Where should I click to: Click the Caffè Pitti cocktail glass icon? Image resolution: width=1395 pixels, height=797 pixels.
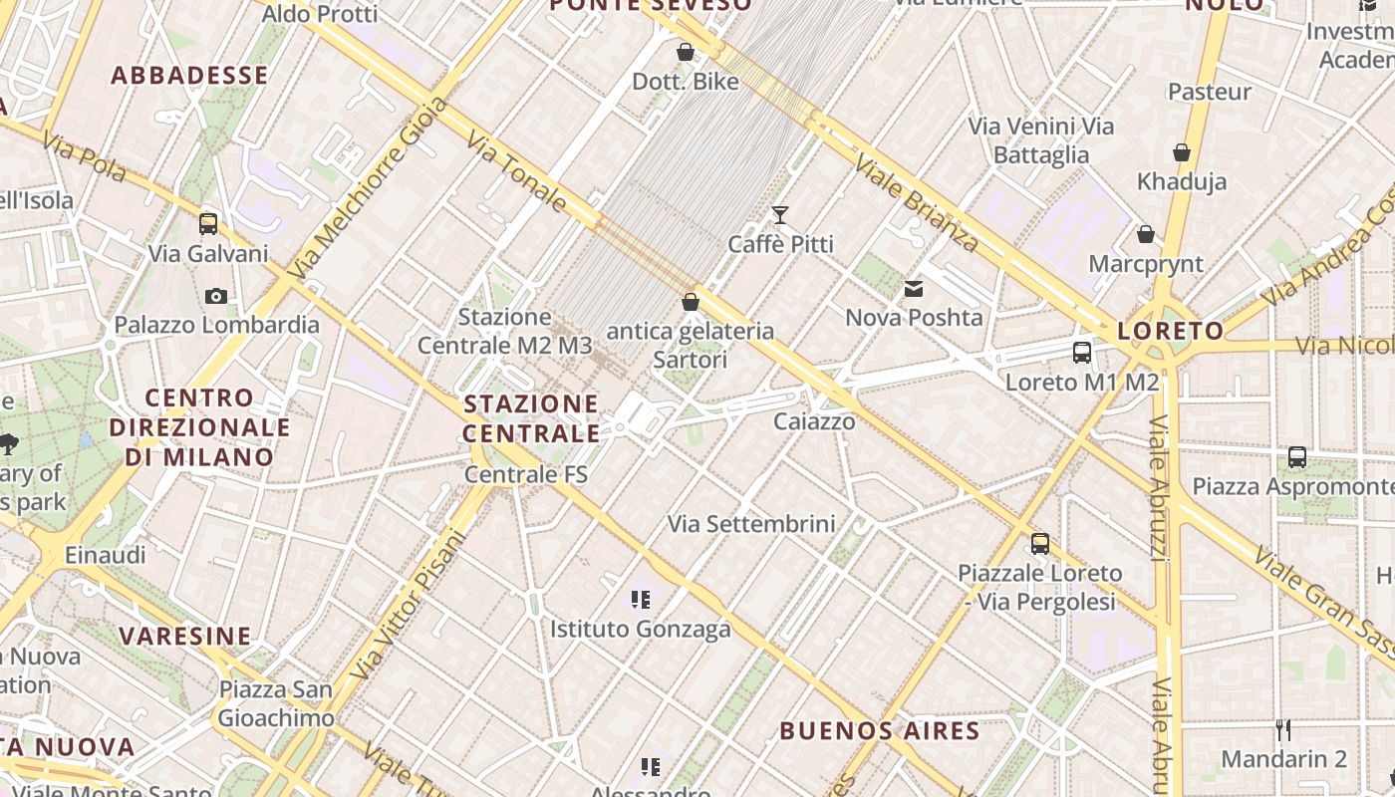point(779,215)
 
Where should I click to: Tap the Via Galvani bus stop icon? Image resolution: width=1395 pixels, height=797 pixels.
point(208,224)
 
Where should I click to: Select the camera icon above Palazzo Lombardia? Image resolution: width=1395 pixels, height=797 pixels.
point(215,296)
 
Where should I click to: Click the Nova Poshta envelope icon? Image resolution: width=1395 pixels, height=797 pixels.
point(913,289)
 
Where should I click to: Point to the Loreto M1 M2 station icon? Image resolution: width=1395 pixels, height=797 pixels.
point(1082,352)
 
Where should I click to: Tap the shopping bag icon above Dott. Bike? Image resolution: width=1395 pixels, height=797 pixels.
point(686,52)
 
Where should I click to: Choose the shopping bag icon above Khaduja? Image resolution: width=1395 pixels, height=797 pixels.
point(1182,152)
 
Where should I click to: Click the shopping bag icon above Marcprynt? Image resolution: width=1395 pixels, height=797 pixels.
point(1146,234)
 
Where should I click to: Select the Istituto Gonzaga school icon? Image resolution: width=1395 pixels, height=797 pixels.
point(641,600)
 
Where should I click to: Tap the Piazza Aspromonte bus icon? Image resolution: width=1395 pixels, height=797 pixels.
point(1297,457)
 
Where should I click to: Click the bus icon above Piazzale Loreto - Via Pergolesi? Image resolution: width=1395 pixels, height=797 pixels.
point(1040,544)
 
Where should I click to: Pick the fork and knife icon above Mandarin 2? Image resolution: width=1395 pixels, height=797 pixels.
point(1283,730)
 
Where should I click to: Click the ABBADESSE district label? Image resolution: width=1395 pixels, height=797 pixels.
point(189,76)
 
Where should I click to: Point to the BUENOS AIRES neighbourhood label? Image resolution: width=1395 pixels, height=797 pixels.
point(880,731)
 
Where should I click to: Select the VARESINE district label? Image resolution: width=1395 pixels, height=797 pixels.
point(185,636)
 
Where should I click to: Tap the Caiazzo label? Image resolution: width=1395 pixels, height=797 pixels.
point(814,421)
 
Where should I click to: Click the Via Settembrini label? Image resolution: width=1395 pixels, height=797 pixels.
point(751,523)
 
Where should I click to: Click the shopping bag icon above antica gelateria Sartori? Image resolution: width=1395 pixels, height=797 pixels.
point(690,301)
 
